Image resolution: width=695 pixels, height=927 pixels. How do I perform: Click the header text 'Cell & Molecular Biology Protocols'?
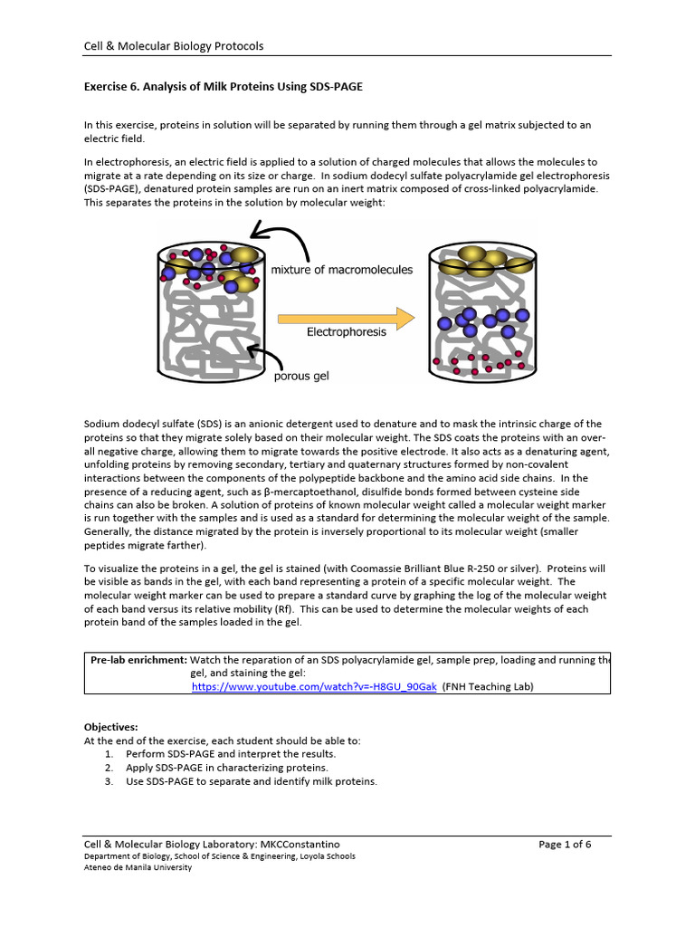(x=174, y=46)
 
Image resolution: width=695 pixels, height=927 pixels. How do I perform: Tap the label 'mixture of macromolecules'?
(x=342, y=270)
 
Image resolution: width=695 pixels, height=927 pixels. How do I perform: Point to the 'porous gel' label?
(x=301, y=377)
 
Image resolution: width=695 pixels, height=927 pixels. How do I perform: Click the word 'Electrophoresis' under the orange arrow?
(x=346, y=332)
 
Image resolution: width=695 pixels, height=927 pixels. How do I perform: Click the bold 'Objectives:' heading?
(x=111, y=727)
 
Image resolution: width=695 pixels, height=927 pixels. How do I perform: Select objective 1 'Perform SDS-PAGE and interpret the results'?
(x=231, y=753)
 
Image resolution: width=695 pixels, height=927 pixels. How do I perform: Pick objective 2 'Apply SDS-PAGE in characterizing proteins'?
(x=227, y=768)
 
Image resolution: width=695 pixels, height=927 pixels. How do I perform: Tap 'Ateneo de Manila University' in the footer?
(x=138, y=867)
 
